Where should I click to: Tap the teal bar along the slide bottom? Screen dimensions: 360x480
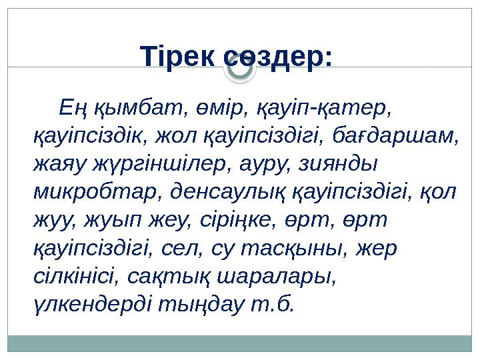[240, 343]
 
